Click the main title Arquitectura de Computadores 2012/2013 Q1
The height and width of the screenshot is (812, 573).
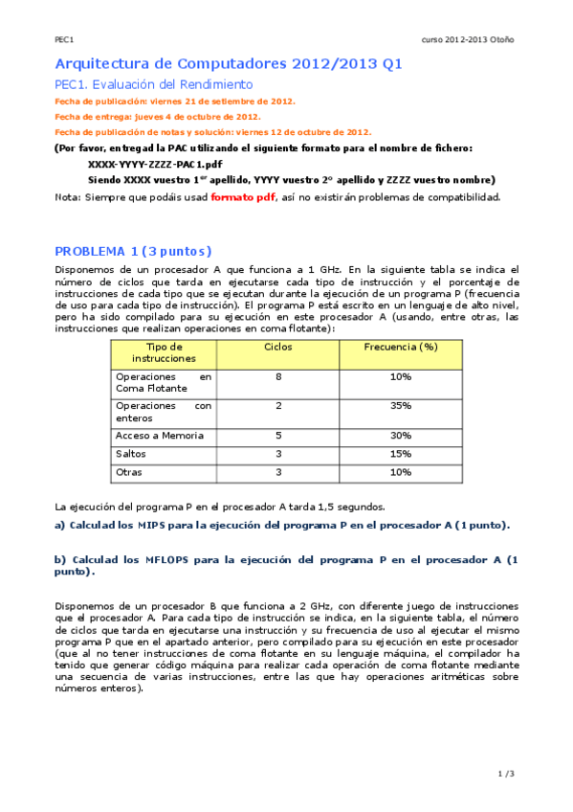pos(229,64)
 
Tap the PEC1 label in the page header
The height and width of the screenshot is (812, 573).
pos(64,39)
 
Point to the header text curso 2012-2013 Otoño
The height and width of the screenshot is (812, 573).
pos(468,39)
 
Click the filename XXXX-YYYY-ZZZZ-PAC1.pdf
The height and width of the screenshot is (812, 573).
pos(154,164)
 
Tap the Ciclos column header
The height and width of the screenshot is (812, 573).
pos(278,346)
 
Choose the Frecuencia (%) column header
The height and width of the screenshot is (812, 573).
pos(401,346)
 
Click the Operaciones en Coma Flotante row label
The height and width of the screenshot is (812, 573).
pos(163,383)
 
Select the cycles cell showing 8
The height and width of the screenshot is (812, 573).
pos(278,377)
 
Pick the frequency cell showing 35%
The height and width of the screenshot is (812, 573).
pos(401,406)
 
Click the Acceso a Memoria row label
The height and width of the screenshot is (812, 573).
pos(159,436)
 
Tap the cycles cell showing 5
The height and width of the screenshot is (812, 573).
pos(278,436)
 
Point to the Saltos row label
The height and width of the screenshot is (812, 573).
pos(131,454)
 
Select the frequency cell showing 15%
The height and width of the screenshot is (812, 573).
pos(401,454)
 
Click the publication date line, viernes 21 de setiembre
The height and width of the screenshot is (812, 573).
pos(176,101)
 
